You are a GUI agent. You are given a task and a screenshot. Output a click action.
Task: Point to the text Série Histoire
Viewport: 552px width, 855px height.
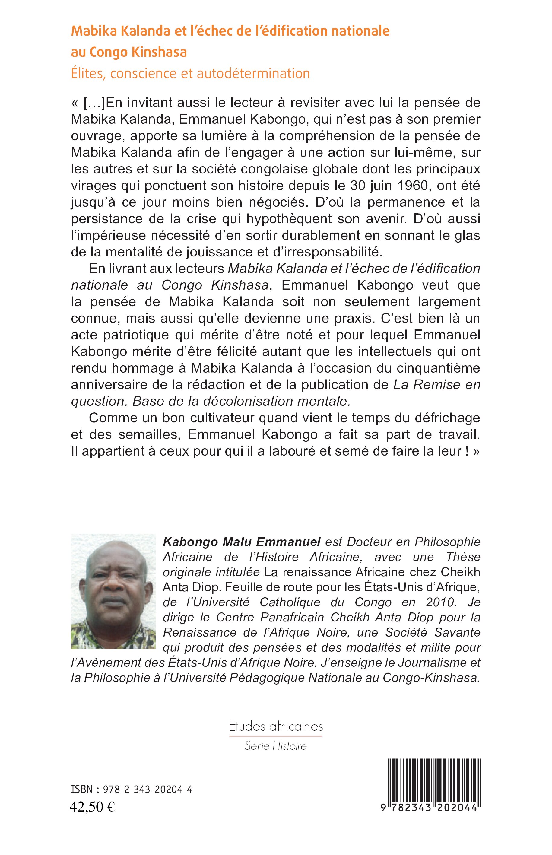[276, 746]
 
